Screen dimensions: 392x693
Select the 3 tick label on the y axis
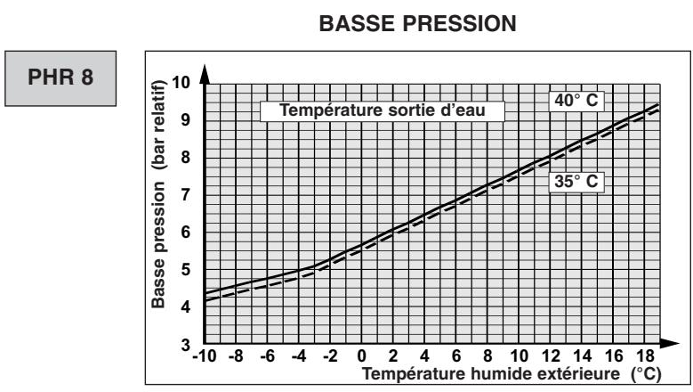tap(188, 345)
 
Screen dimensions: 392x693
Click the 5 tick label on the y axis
tap(188, 270)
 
